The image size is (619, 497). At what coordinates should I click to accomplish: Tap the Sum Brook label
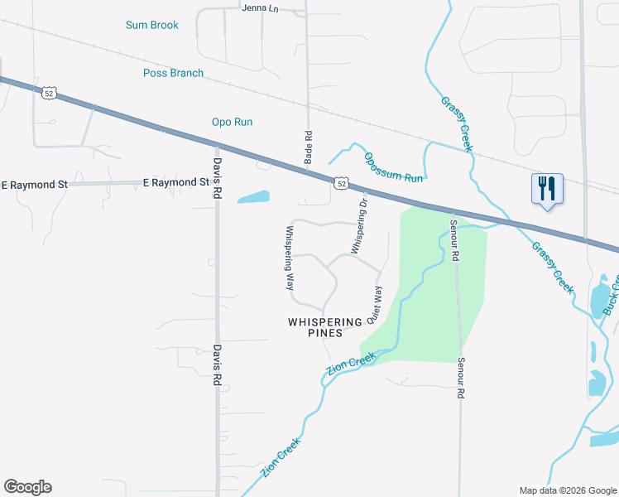pyautogui.click(x=152, y=25)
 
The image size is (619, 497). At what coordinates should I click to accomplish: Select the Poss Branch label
pyautogui.click(x=173, y=73)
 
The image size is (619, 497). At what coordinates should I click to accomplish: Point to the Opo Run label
pyautogui.click(x=232, y=122)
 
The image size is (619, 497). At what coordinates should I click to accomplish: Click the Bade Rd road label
pyautogui.click(x=308, y=146)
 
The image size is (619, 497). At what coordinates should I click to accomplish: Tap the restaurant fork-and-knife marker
pyautogui.click(x=546, y=189)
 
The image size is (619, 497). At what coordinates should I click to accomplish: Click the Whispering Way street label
pyautogui.click(x=290, y=257)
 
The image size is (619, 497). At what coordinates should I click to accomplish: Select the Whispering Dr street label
pyautogui.click(x=358, y=225)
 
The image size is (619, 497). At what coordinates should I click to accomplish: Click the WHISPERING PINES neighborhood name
pyautogui.click(x=325, y=326)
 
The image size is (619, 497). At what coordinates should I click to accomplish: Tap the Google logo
pyautogui.click(x=27, y=487)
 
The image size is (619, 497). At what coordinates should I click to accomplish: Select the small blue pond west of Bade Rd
pyautogui.click(x=253, y=197)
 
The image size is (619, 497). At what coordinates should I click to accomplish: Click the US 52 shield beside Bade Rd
pyautogui.click(x=340, y=183)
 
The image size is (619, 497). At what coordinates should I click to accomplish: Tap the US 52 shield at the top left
pyautogui.click(x=50, y=94)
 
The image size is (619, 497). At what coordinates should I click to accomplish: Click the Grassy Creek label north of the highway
pyautogui.click(x=456, y=124)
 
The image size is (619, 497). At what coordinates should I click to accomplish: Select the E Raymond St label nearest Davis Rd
pyautogui.click(x=175, y=182)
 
